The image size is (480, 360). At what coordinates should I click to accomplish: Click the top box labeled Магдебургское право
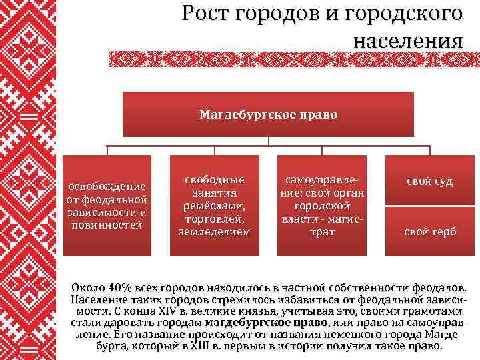(269, 114)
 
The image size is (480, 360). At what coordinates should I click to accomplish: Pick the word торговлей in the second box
(215, 218)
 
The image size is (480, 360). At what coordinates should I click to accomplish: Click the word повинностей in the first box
(107, 225)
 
